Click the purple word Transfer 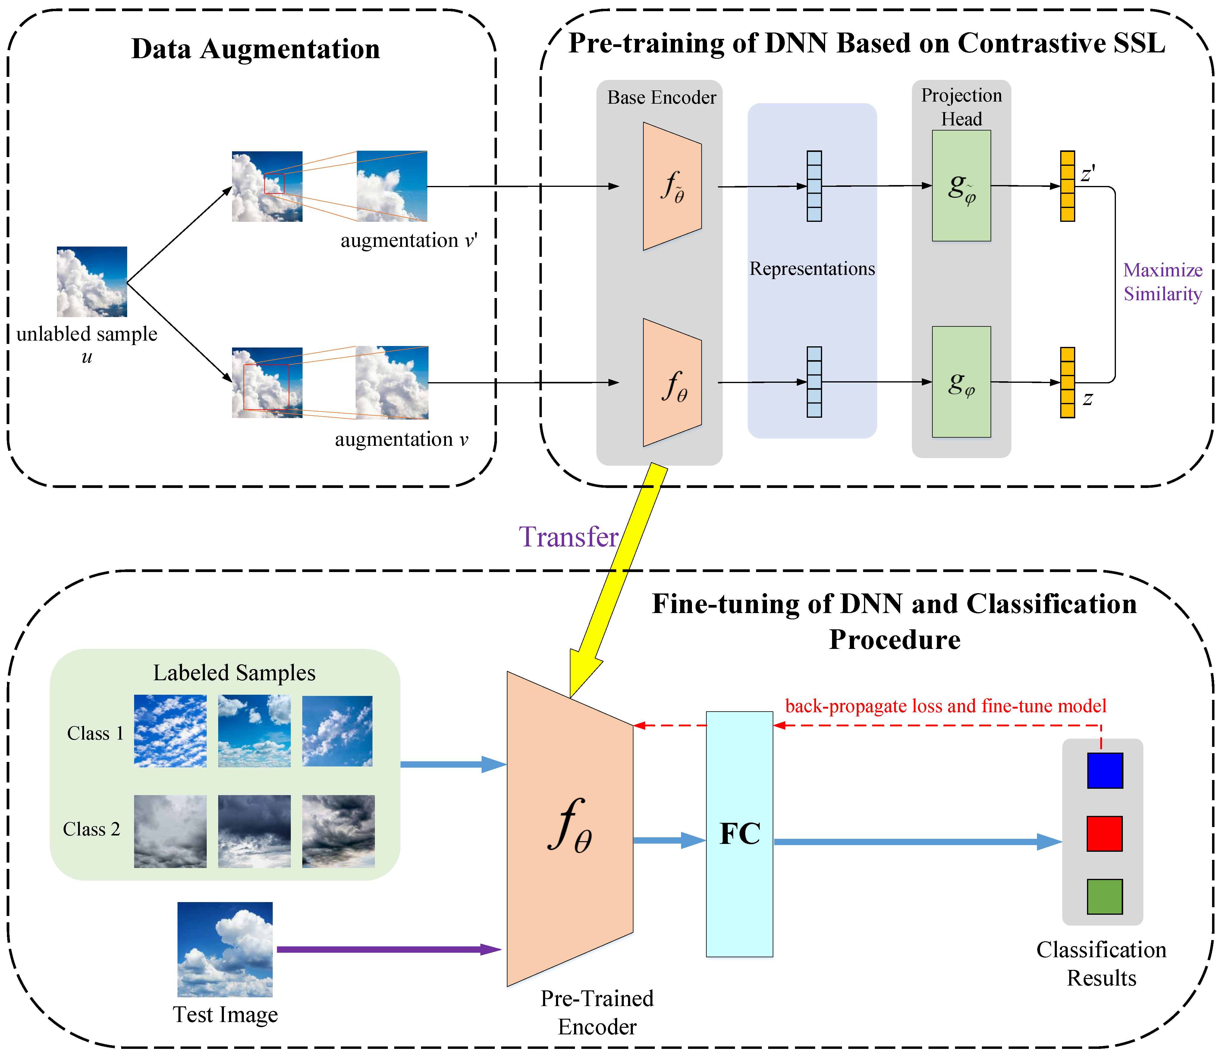tap(568, 537)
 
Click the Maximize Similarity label tap(1162, 282)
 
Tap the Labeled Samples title tap(234, 672)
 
